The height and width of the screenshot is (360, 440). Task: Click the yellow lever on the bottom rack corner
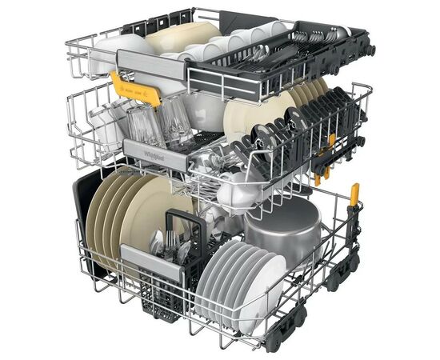click(x=354, y=194)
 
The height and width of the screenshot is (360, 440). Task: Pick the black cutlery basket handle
click(x=180, y=221)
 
